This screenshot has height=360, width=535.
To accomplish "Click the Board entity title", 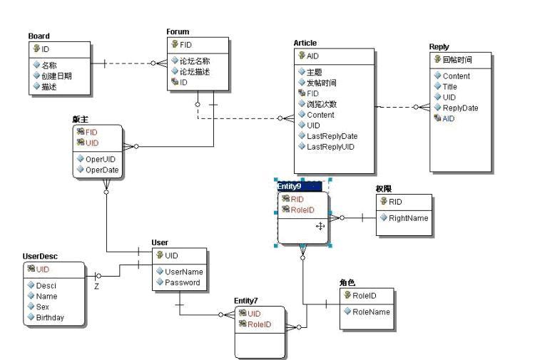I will (x=39, y=36).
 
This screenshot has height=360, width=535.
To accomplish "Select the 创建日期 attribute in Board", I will (x=56, y=76).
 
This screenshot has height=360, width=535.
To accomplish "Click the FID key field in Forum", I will (x=185, y=45).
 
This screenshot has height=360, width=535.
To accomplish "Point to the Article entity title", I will (x=305, y=43).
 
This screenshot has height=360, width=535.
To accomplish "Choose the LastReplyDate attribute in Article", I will (x=332, y=136).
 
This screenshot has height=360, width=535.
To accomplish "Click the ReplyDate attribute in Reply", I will (x=460, y=108).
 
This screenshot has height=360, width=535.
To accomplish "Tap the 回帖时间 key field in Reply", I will (x=457, y=60).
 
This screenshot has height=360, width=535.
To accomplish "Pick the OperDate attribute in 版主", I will (x=102, y=170).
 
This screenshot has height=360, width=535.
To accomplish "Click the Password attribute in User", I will (x=182, y=282).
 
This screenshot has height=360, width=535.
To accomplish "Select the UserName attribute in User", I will (x=183, y=272).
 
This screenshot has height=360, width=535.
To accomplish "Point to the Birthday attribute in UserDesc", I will (x=50, y=317).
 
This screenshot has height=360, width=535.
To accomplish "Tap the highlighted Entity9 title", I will (x=289, y=185).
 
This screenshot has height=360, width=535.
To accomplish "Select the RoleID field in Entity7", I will (x=259, y=324).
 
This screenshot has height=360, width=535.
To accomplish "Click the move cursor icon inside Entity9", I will (x=320, y=225).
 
